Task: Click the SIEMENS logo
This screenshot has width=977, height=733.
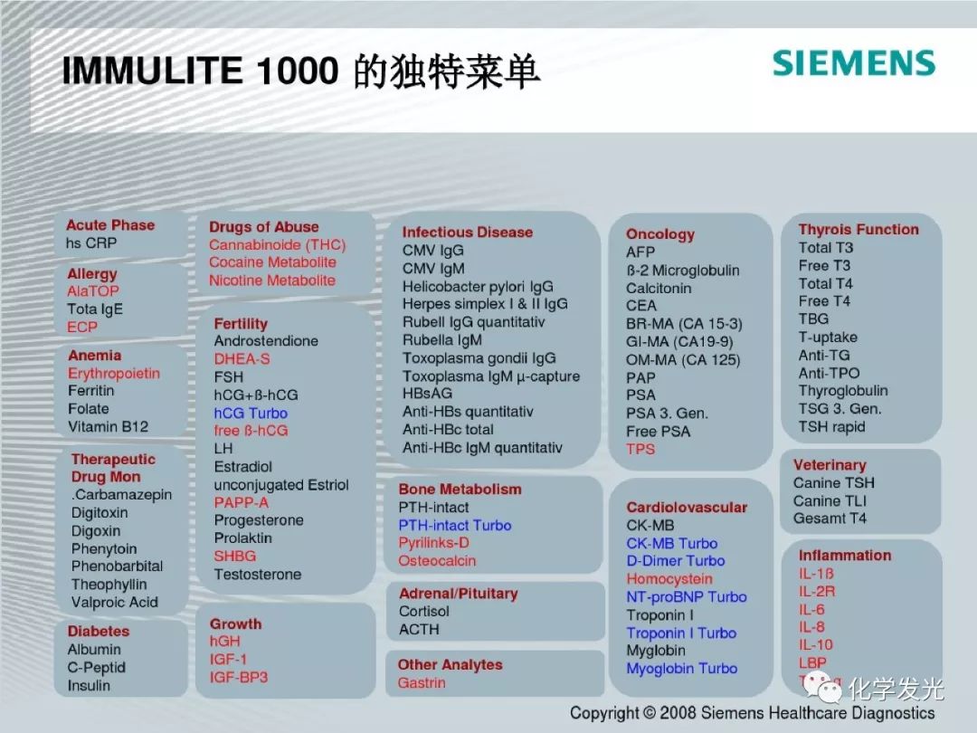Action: [x=854, y=63]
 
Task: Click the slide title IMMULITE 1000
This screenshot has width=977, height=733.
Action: [x=200, y=70]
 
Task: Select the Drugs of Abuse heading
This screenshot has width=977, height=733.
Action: [x=263, y=227]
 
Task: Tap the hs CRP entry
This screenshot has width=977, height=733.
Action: [x=91, y=243]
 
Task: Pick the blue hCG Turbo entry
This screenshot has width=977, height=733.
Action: [x=251, y=414]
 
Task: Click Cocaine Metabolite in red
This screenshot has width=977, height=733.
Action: [x=272, y=262]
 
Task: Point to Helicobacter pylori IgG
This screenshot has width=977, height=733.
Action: [x=478, y=287]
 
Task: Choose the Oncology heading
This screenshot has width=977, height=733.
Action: [x=660, y=234]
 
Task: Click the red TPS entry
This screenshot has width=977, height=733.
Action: [x=640, y=450]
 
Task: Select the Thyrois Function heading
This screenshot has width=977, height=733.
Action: [x=858, y=229]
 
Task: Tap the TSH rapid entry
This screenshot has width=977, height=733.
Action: [x=832, y=427]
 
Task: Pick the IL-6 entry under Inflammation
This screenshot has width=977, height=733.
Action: [x=811, y=610]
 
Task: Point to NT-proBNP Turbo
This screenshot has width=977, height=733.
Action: [x=687, y=597]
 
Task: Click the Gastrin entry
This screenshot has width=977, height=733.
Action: [x=422, y=683]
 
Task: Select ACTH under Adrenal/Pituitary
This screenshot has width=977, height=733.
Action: [x=419, y=630]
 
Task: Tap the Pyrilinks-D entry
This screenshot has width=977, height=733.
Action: [x=433, y=543]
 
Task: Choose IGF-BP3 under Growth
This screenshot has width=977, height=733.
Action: [x=239, y=678]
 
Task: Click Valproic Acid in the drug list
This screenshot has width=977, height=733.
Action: [x=115, y=603]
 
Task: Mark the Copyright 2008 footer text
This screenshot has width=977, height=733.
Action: [x=752, y=713]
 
